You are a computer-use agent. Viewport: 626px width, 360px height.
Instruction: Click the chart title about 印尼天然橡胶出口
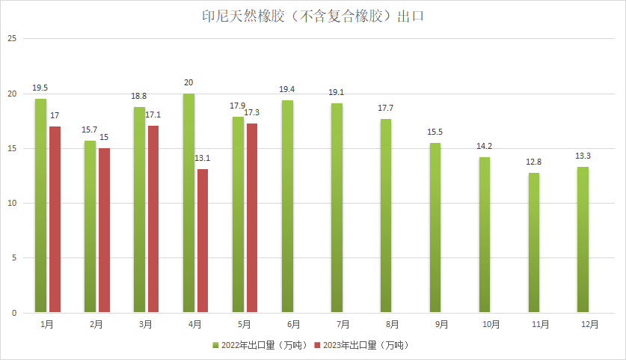point(313,16)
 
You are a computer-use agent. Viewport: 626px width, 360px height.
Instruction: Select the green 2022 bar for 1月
point(40,206)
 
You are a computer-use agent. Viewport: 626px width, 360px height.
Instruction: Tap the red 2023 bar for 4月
point(203,241)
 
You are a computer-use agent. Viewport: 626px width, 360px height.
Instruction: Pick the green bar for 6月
point(287,207)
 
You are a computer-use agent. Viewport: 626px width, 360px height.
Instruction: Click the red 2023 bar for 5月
point(252,218)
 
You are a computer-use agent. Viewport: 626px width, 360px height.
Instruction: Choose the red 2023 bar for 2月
point(104,231)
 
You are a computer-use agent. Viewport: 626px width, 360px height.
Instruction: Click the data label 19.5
point(40,88)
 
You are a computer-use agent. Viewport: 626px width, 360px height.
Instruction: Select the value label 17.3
point(252,112)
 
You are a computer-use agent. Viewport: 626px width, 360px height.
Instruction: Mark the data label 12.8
point(533,162)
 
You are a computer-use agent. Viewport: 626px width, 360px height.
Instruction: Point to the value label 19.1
point(337,92)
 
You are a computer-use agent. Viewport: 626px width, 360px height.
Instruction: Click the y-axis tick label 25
point(11,39)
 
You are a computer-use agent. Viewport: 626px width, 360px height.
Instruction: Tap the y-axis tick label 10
point(11,204)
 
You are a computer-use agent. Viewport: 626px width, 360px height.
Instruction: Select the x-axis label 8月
point(391,324)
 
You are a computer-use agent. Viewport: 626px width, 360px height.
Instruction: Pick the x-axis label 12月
point(589,324)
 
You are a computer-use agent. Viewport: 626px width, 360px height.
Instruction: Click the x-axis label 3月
point(145,324)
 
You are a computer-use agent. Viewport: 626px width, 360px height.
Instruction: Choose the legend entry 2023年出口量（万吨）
point(362,345)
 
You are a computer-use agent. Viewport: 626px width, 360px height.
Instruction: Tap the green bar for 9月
point(435,228)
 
